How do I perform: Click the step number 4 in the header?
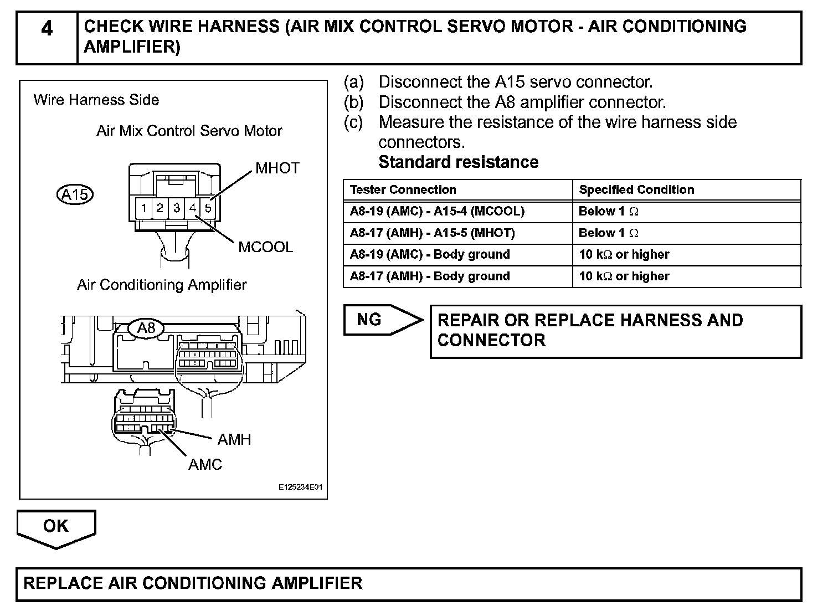point(47,28)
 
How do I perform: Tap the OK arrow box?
point(56,527)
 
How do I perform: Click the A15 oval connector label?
point(75,194)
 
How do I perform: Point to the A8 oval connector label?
point(146,328)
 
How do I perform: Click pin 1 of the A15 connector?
point(143,208)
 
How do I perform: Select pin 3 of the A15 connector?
point(176,208)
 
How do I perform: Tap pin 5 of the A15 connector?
point(208,208)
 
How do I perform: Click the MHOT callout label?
point(277,168)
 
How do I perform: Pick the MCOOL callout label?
point(265,247)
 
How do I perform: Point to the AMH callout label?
point(234,440)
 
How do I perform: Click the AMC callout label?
point(205,464)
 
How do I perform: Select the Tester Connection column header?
point(403,190)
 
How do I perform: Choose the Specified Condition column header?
point(636,190)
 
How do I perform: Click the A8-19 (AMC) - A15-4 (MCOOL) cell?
point(437,211)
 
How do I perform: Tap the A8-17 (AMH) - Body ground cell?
point(430,276)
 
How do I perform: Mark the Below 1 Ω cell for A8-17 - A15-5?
point(608,233)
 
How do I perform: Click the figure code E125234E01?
point(300,488)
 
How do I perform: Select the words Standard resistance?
point(458,162)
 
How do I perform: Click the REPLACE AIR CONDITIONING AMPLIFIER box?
point(408,583)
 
